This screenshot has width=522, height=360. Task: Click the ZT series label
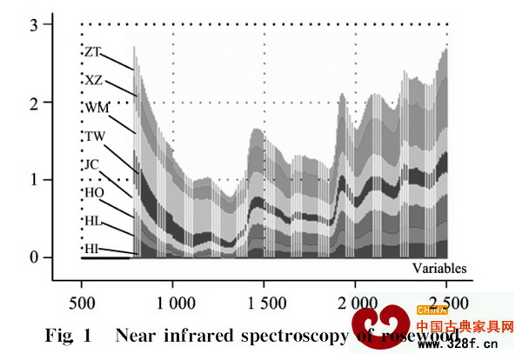tap(92, 52)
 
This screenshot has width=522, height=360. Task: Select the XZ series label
tap(93, 80)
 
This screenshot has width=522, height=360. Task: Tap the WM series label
tap(96, 108)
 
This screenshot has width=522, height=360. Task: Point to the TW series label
tap(94, 137)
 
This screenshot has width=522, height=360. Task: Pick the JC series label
tap(92, 164)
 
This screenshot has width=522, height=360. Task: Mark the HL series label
tap(93, 221)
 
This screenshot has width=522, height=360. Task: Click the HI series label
tap(91, 249)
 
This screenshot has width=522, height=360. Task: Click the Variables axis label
tap(439, 268)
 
